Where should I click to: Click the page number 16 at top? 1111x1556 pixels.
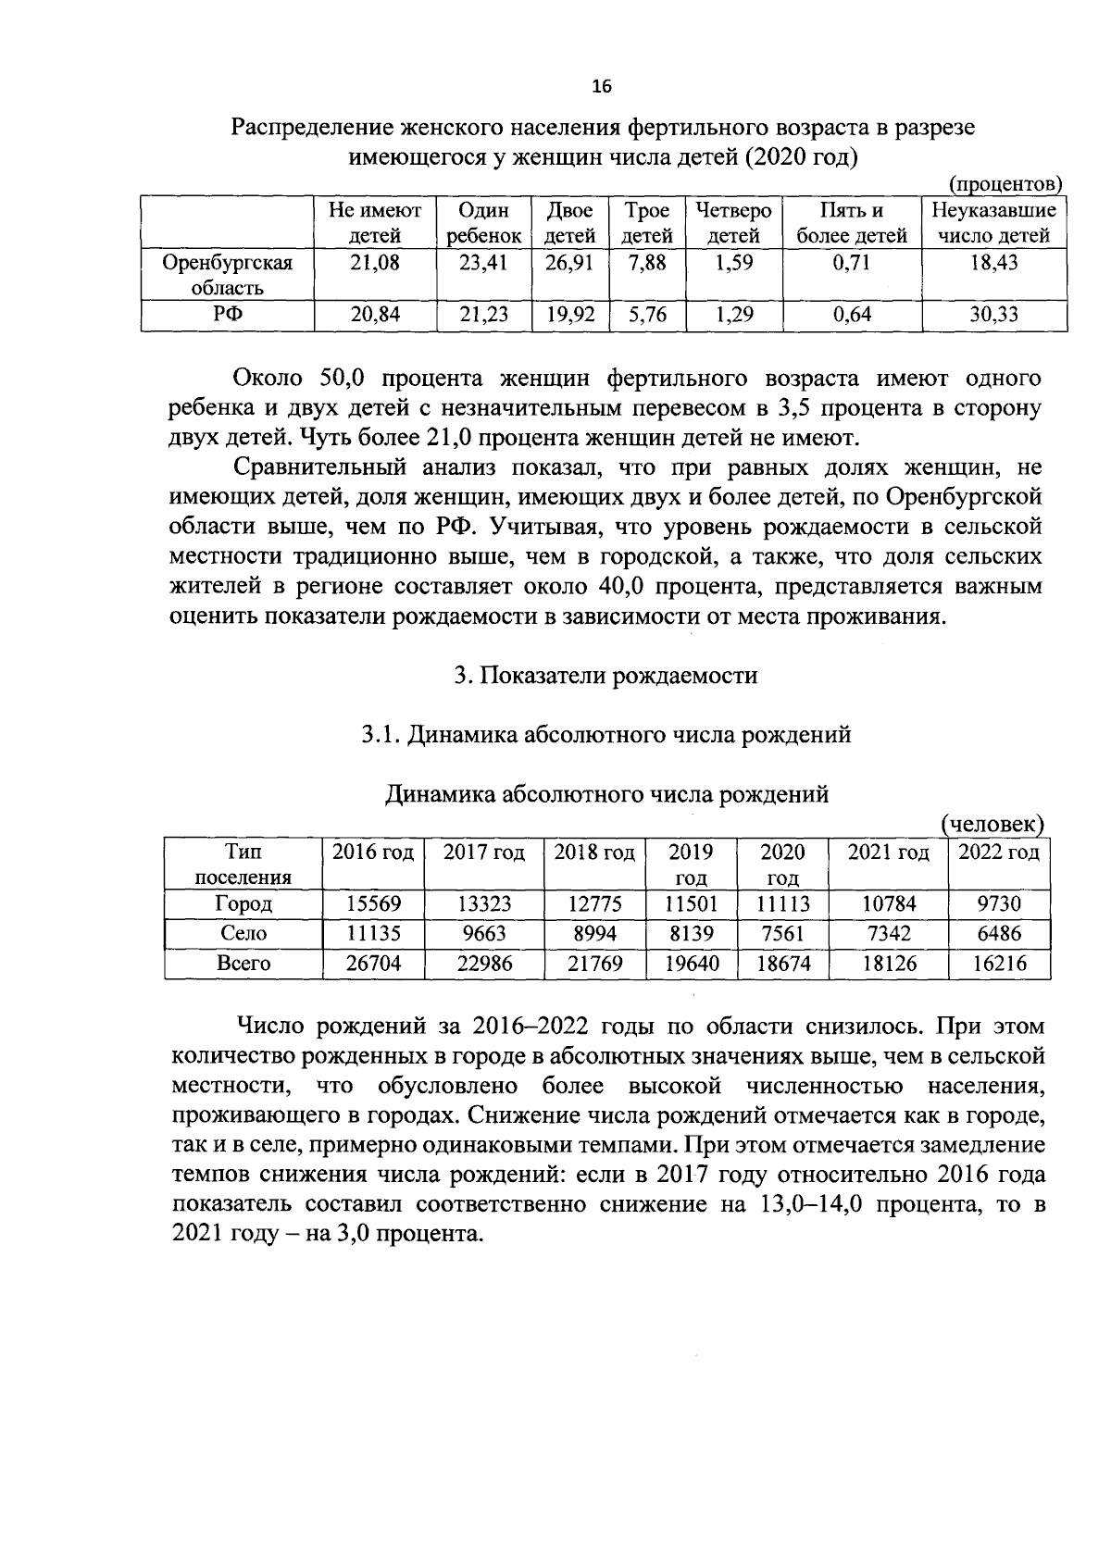pyautogui.click(x=602, y=87)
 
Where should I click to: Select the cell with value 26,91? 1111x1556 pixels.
pyautogui.click(x=570, y=262)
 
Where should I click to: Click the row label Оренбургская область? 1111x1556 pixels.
pyautogui.click(x=228, y=275)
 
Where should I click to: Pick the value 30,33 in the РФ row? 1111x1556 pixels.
pyautogui.click(x=993, y=315)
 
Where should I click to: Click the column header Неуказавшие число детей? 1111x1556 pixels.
pyautogui.click(x=993, y=223)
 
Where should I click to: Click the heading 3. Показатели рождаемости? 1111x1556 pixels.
pyautogui.click(x=605, y=676)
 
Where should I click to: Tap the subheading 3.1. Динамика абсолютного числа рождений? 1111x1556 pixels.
pyautogui.click(x=605, y=735)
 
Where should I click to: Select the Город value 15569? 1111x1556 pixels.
pyautogui.click(x=373, y=904)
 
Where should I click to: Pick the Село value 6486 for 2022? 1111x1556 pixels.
pyautogui.click(x=999, y=934)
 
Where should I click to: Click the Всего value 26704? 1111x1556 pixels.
pyautogui.click(x=373, y=964)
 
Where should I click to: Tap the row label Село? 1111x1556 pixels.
pyautogui.click(x=243, y=934)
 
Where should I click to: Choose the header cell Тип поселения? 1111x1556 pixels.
pyautogui.click(x=243, y=865)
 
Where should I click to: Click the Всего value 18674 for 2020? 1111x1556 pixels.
pyautogui.click(x=783, y=964)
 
